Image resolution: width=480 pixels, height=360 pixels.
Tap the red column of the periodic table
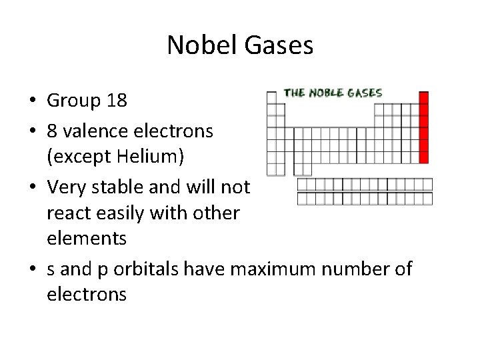tap(423, 130)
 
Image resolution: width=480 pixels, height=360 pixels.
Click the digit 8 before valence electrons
tap(53, 130)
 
